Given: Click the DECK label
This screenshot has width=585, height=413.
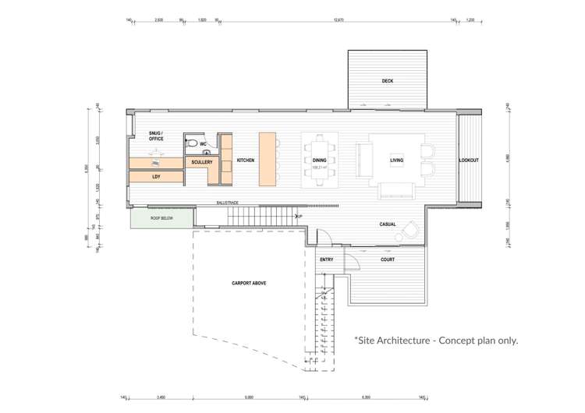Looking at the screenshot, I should click(x=387, y=81).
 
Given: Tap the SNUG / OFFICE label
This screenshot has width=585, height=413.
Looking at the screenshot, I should click(x=156, y=136).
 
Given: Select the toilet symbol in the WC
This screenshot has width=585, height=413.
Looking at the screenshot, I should click(x=192, y=145).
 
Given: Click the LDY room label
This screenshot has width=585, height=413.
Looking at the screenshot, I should click(x=155, y=177).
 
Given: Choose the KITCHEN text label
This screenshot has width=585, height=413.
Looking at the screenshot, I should click(x=246, y=161).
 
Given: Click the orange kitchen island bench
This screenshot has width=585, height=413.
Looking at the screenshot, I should click(x=268, y=159).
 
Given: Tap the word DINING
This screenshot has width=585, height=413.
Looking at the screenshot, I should click(x=318, y=161).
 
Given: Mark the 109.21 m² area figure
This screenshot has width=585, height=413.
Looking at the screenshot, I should click(x=318, y=167).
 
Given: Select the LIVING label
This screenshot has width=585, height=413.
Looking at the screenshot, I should click(x=396, y=161).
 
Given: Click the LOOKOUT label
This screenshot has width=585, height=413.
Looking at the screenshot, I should click(x=469, y=161).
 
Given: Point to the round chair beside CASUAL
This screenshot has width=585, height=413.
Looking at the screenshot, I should click(x=410, y=228).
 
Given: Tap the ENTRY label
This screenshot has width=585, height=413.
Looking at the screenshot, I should click(x=327, y=259).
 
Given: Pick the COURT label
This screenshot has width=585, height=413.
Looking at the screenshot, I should click(x=388, y=259).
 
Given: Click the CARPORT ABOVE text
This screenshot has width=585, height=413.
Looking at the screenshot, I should click(x=249, y=283).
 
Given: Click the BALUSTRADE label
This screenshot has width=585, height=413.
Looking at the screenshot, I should click(x=228, y=203).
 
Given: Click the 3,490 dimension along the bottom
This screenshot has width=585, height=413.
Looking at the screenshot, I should click(x=161, y=397).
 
